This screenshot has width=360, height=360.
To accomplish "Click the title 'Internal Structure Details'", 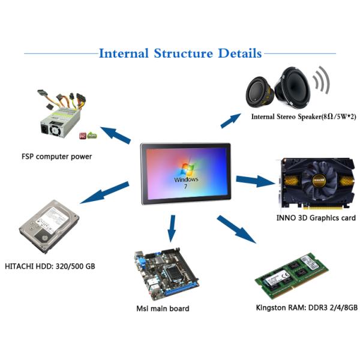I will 180,53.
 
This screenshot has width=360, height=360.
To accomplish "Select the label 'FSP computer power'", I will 56,157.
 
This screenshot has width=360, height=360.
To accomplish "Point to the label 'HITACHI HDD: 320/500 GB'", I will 50,266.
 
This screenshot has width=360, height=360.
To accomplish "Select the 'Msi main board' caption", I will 163,308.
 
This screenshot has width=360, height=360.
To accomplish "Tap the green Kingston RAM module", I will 292,276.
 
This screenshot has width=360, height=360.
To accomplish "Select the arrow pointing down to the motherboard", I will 172,227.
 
